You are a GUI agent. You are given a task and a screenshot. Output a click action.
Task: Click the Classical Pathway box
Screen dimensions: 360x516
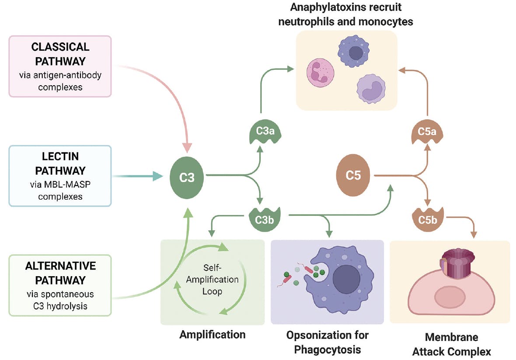(60, 66)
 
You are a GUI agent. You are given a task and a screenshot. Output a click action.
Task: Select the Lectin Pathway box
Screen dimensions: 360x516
(60, 176)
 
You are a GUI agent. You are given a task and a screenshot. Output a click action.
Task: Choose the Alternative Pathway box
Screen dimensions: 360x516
(60, 285)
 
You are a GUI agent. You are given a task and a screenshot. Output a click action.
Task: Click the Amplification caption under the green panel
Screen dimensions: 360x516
(213, 335)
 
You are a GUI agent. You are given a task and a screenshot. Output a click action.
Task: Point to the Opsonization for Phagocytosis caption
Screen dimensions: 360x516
(327, 342)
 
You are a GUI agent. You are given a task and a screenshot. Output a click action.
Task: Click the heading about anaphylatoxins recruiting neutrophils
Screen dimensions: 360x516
(346, 14)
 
